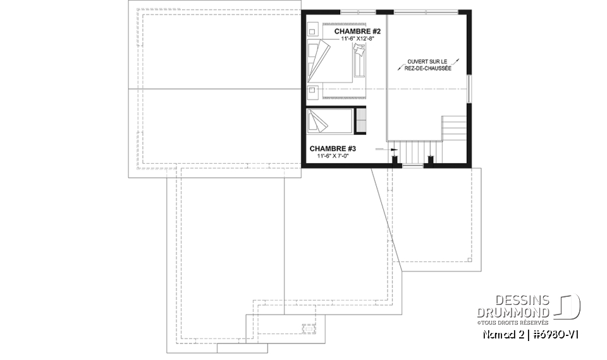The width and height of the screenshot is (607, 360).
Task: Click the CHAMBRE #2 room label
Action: point(357,30)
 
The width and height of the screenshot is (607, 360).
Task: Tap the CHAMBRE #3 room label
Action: point(333,149)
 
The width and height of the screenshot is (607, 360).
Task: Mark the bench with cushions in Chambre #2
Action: point(359,63)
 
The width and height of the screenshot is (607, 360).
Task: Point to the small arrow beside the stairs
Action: point(393,149)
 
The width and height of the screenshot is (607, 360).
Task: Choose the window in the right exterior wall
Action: point(469,89)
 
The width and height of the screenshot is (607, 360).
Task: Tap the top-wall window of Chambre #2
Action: point(358,11)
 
